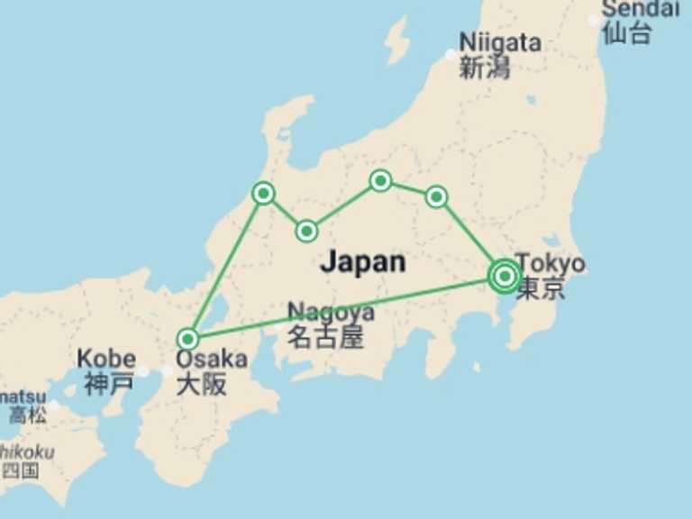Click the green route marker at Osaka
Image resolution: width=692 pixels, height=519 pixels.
pyautogui.click(x=187, y=339)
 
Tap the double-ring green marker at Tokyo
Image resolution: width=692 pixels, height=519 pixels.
pyautogui.click(x=505, y=276)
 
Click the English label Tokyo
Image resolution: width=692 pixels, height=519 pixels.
pyautogui.click(x=551, y=264)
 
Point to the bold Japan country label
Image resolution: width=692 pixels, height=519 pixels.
pyautogui.click(x=362, y=262)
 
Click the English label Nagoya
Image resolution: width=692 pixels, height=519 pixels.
pyautogui.click(x=331, y=313)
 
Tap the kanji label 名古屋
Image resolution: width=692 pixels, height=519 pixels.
pyautogui.click(x=325, y=337)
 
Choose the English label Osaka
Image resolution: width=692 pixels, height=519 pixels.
pyautogui.click(x=211, y=359)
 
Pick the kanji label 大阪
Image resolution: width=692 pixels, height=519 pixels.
pyautogui.click(x=201, y=384)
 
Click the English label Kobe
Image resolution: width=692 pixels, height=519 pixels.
pyautogui.click(x=106, y=358)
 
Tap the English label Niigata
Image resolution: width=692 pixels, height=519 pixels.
pyautogui.click(x=500, y=42)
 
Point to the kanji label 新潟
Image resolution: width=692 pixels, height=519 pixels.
pyautogui.click(x=485, y=68)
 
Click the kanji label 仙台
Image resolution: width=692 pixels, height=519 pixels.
pyautogui.click(x=627, y=34)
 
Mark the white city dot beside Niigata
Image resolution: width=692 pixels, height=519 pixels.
pyautogui.click(x=451, y=55)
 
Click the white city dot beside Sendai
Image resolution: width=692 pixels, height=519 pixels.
pyautogui.click(x=594, y=20)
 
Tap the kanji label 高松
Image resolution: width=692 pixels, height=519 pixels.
pyautogui.click(x=28, y=415)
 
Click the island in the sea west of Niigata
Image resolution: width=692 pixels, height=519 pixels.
pyautogui.click(x=396, y=41)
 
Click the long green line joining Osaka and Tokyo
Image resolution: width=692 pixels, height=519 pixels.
pyautogui.click(x=342, y=307)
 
